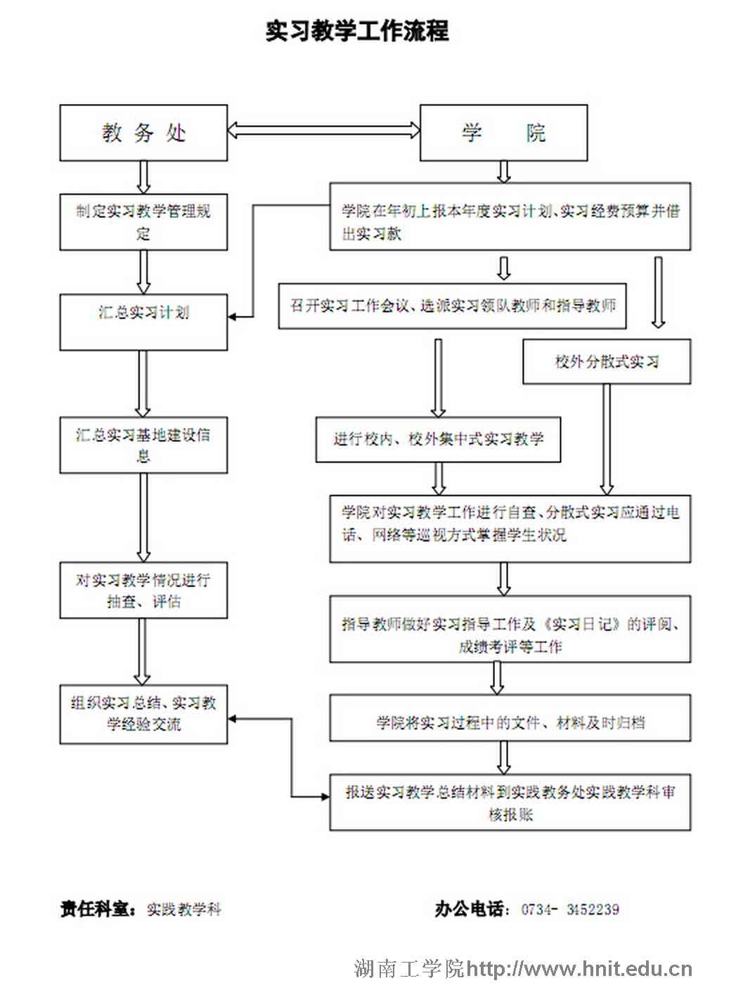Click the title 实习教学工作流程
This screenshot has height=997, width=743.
(x=357, y=31)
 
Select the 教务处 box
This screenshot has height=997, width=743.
(x=143, y=133)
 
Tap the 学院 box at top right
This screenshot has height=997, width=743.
(x=503, y=133)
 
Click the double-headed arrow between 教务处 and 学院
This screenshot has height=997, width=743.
(x=323, y=129)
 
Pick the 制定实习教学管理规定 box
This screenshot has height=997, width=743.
(x=143, y=222)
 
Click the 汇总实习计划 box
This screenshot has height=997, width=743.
(x=143, y=322)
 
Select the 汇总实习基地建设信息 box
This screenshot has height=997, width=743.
(x=143, y=445)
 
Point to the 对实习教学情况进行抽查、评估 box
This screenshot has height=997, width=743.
(x=143, y=590)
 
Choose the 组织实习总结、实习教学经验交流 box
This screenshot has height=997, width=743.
(x=143, y=714)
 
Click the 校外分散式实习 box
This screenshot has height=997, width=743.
(x=607, y=362)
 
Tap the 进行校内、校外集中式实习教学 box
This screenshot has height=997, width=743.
(x=438, y=440)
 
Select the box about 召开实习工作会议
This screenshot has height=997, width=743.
(x=452, y=306)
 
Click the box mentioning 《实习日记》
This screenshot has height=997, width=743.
(x=510, y=630)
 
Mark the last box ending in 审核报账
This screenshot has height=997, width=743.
(x=510, y=802)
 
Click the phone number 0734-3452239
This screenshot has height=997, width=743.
(x=570, y=909)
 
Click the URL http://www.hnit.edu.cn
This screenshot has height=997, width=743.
(x=579, y=969)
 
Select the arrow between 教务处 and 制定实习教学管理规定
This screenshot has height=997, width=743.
(x=143, y=177)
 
